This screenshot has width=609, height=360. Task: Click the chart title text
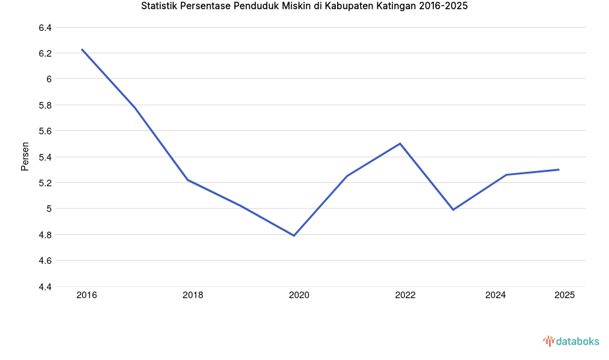click(304, 7)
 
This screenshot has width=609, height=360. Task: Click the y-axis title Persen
click(25, 156)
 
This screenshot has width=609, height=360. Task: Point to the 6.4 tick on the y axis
click(45, 28)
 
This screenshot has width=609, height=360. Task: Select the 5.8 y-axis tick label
click(45, 105)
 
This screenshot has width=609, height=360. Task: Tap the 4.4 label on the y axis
click(45, 287)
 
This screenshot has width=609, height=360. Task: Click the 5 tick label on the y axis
click(49, 209)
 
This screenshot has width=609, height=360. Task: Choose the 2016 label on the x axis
click(86, 296)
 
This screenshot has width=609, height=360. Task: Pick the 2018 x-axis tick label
click(193, 296)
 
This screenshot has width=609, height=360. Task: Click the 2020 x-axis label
click(299, 296)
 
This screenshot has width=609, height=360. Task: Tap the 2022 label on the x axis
click(405, 296)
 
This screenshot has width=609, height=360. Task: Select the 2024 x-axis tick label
click(495, 296)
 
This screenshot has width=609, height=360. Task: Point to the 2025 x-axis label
click(564, 296)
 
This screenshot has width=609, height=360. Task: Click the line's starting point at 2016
click(82, 49)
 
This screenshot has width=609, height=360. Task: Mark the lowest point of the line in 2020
click(294, 236)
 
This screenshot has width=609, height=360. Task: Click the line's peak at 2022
click(400, 143)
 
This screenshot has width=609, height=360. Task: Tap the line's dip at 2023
click(453, 210)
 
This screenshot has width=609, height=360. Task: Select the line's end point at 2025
click(559, 169)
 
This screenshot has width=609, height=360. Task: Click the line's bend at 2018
click(188, 180)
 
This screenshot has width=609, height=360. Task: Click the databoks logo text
click(577, 341)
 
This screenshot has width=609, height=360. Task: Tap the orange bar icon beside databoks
click(548, 341)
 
